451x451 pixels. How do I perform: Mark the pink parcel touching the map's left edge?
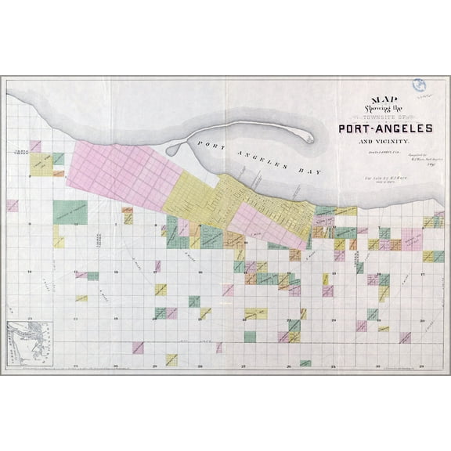point(12,206)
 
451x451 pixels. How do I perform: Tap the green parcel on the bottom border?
point(305,363)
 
